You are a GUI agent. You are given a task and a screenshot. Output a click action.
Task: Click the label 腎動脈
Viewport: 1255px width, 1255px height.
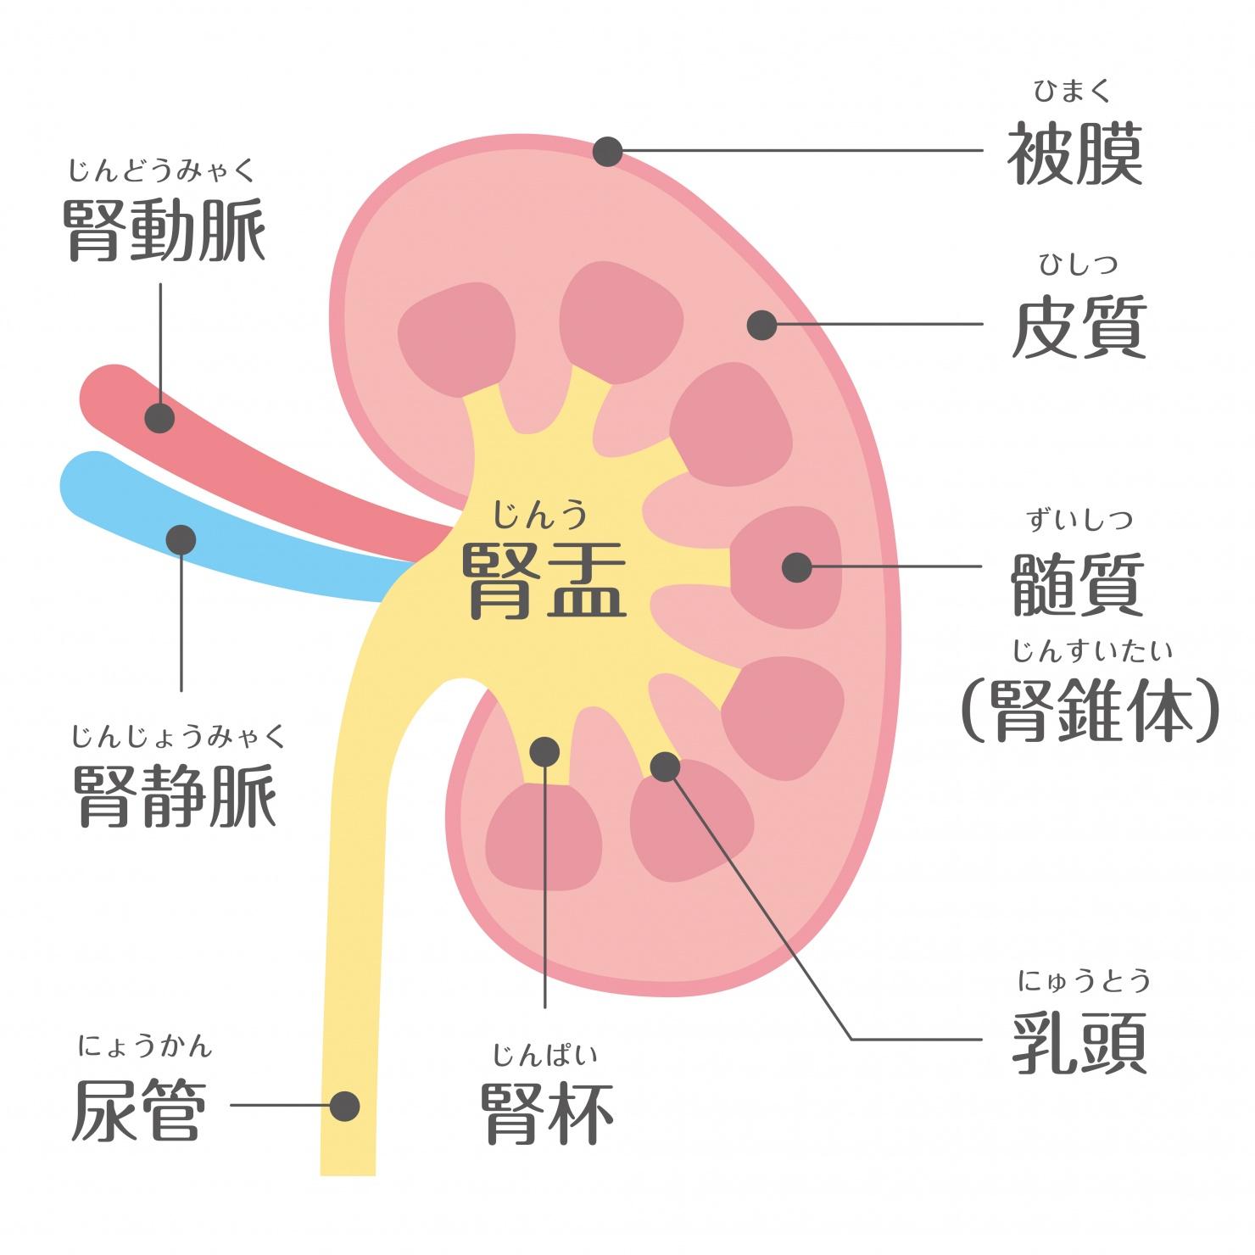[165, 230]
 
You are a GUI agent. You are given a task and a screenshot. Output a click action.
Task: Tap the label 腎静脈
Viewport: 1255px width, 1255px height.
[176, 796]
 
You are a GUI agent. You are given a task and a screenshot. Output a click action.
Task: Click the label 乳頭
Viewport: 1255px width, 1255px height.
[1079, 1042]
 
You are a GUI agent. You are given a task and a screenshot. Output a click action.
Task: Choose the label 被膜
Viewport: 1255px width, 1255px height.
[1075, 153]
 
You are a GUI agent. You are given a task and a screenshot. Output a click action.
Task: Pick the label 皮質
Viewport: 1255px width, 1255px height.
[1079, 326]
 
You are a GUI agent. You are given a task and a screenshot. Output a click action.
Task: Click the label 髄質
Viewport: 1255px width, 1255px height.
[1079, 584]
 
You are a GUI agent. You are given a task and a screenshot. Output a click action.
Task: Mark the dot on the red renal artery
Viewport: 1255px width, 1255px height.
[159, 418]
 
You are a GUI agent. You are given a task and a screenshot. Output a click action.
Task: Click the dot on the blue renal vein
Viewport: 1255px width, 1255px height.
[181, 539]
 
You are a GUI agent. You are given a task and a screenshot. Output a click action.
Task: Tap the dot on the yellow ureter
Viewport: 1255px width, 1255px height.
[344, 1107]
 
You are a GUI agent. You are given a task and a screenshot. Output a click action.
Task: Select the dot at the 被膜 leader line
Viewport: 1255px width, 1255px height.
[608, 152]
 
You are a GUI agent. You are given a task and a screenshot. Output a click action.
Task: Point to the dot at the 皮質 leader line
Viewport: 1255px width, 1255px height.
[761, 324]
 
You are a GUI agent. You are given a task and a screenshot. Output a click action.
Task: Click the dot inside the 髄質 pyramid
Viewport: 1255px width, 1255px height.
[796, 567]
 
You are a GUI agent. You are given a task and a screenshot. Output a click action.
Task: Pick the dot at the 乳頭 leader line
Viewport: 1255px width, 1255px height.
[665, 767]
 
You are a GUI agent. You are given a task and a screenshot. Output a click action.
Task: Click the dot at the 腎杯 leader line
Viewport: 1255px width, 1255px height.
[544, 751]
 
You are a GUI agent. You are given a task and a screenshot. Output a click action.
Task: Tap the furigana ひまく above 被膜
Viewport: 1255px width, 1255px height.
[1072, 90]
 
